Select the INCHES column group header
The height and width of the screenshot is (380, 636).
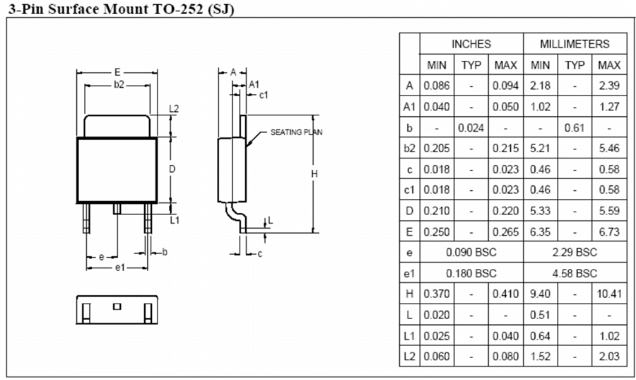(471, 44)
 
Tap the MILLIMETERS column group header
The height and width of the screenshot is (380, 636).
(575, 44)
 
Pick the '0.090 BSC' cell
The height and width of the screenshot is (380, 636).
(471, 252)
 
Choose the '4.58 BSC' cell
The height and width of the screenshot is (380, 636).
(575, 272)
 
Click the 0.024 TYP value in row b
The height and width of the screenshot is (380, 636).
(471, 128)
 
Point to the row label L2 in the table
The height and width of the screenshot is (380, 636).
(409, 356)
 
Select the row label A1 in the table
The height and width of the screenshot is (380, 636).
(409, 107)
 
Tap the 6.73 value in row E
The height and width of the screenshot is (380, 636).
(609, 231)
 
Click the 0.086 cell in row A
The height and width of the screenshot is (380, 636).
(436, 86)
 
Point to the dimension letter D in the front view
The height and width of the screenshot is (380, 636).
(172, 169)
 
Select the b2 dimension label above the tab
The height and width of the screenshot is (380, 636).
(119, 84)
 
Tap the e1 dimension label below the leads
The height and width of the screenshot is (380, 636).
(119, 267)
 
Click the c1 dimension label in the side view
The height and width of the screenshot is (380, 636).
(263, 94)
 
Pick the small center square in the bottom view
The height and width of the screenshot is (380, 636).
(117, 306)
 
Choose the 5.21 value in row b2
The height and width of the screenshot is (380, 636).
(541, 149)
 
